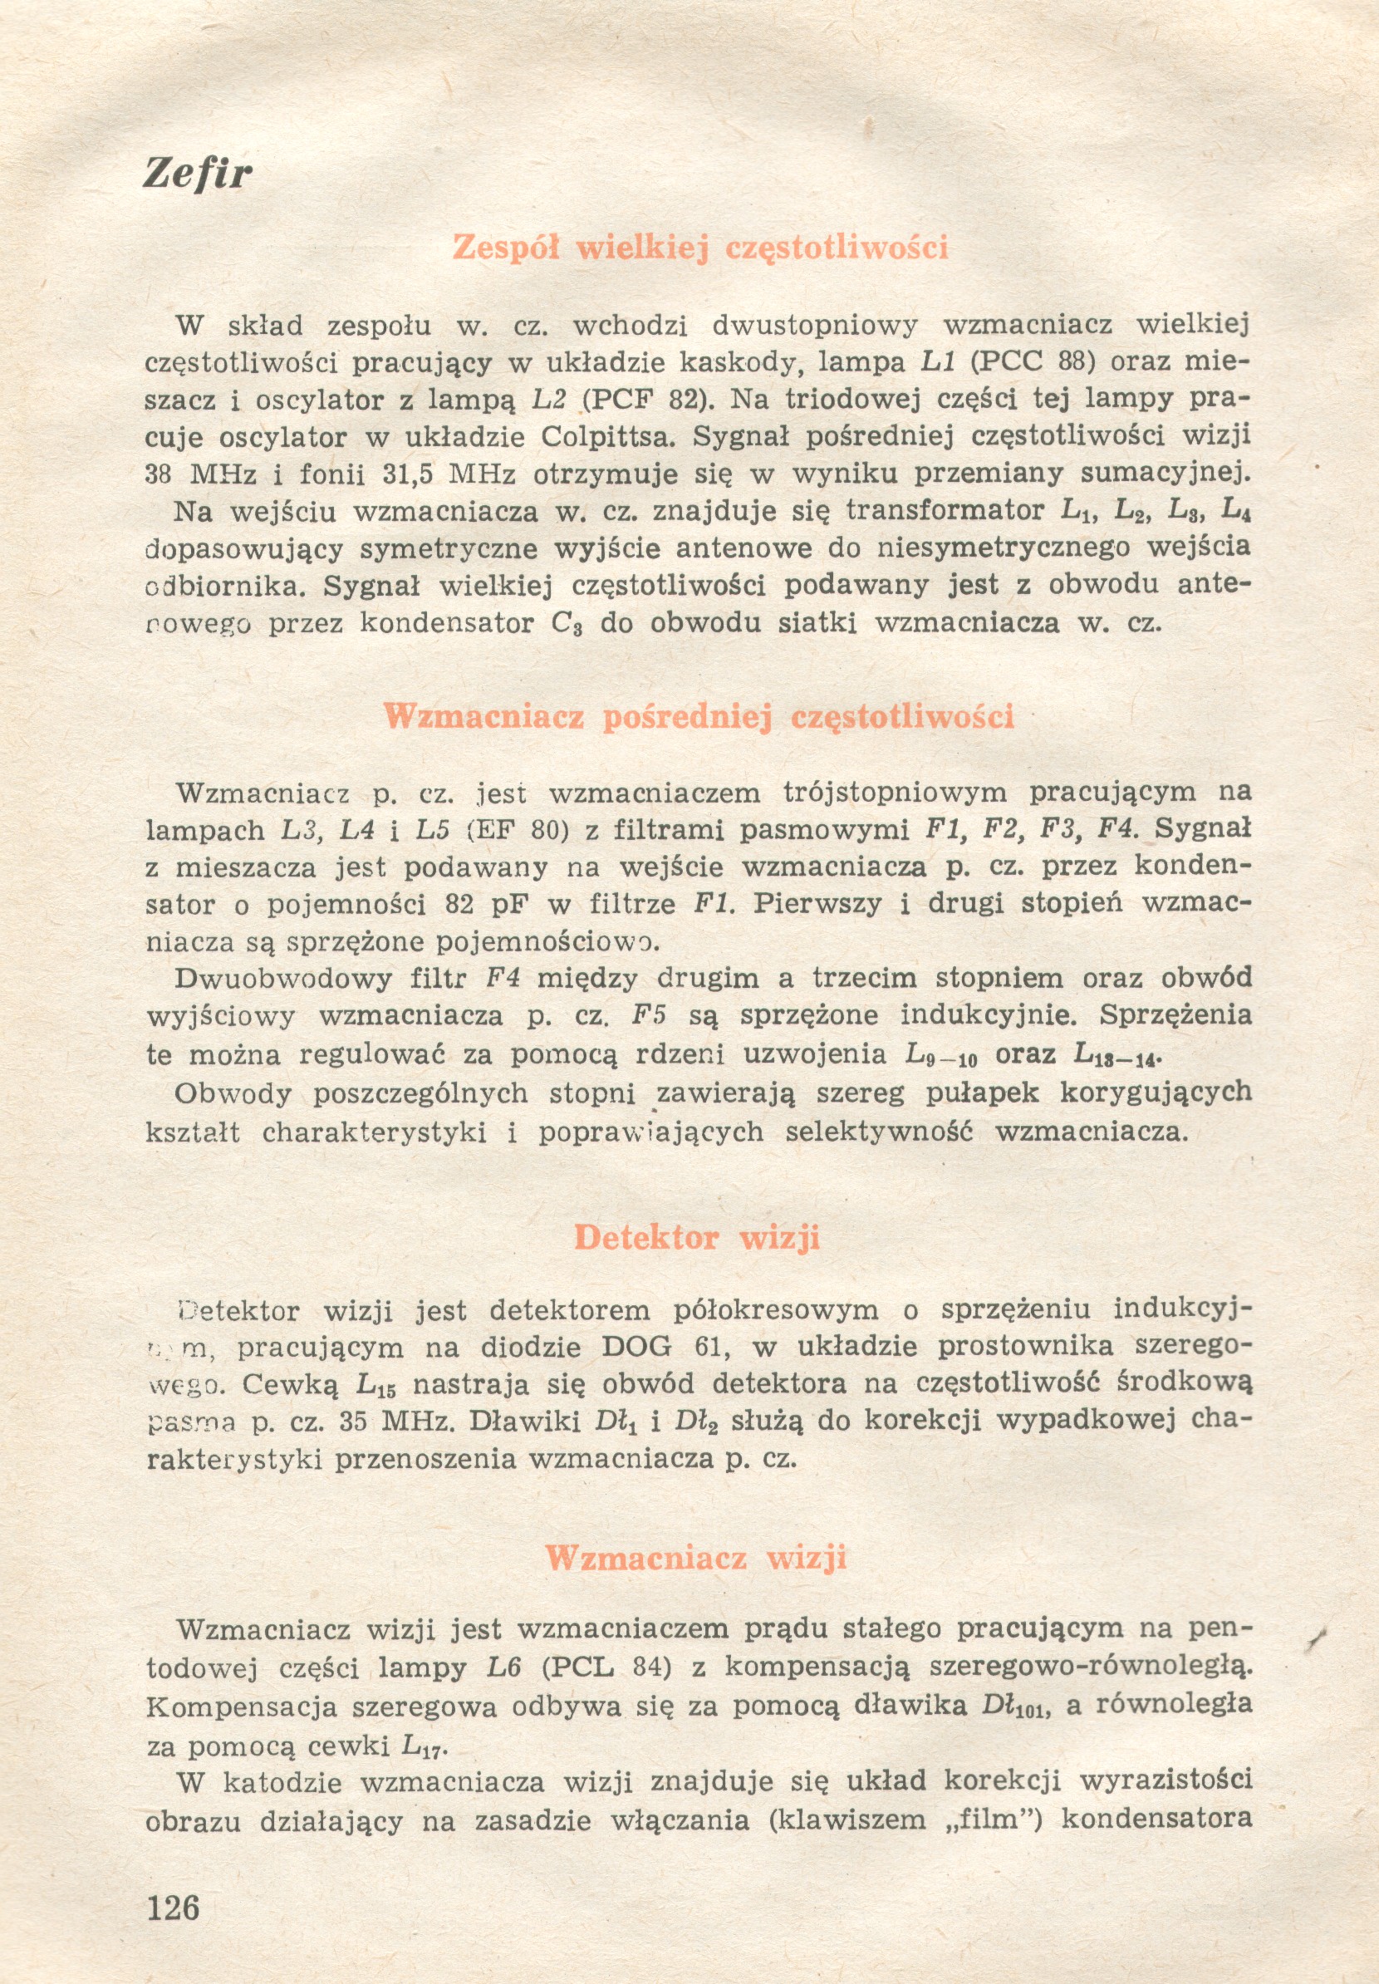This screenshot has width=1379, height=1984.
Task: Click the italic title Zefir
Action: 197,174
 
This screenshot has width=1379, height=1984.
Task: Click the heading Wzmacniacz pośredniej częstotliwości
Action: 698,716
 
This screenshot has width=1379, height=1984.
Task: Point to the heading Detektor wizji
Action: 696,1237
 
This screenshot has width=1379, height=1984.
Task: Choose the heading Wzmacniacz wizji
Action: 695,1557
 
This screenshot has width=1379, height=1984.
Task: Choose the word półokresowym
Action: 774,1310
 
